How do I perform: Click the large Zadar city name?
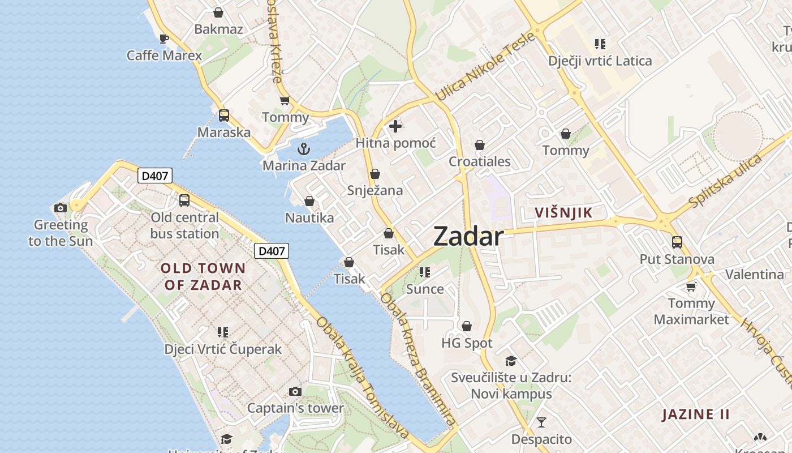coord(468,237)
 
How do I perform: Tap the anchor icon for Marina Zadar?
coord(304,149)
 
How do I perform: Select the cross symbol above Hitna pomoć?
coord(395,126)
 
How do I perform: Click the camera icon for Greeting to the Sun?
coord(61,208)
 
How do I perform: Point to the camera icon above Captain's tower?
coord(295,391)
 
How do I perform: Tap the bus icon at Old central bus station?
coord(184,200)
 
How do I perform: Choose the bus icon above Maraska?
coord(224,116)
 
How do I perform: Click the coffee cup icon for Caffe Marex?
coord(163,39)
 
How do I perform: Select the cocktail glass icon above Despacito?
coord(541,422)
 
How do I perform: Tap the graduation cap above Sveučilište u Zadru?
coord(511,361)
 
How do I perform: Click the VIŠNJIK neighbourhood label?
coord(563,213)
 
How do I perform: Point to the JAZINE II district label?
coord(696,414)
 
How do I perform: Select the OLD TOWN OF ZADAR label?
coord(203,276)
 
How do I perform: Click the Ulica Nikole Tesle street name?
coord(485,67)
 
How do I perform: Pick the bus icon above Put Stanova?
coord(677,242)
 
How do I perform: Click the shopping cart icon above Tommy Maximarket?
coord(691,287)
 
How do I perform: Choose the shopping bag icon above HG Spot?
coord(467,326)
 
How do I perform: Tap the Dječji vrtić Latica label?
coord(600,61)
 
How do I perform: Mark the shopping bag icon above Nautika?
coord(309,201)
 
